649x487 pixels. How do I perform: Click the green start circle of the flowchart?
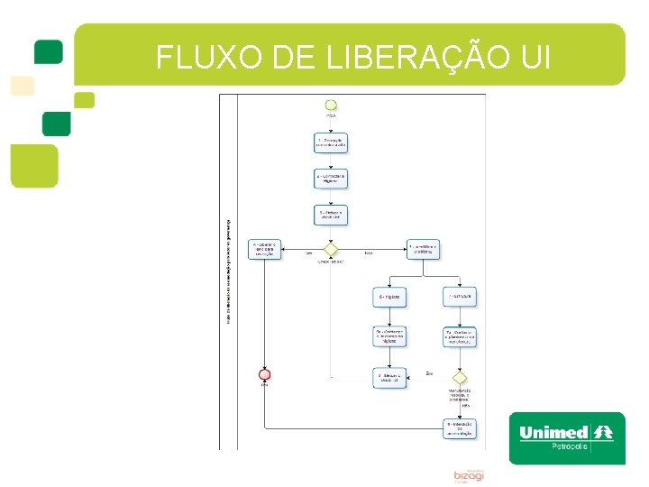pyautogui.click(x=331, y=105)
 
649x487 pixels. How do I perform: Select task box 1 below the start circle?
pyautogui.click(x=331, y=142)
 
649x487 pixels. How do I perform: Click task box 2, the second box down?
pyautogui.click(x=331, y=179)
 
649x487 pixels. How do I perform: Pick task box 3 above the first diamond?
pyautogui.click(x=331, y=215)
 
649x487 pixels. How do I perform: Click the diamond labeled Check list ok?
pyautogui.click(x=331, y=248)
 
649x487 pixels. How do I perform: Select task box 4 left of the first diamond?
pyautogui.click(x=266, y=248)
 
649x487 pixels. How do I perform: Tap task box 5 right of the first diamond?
pyautogui.click(x=424, y=248)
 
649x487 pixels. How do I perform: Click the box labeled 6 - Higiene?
pyautogui.click(x=389, y=296)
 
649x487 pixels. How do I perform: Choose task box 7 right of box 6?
pyautogui.click(x=460, y=296)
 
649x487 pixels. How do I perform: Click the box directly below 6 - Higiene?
pyautogui.click(x=389, y=336)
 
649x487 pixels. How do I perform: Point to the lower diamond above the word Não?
pyautogui.click(x=460, y=377)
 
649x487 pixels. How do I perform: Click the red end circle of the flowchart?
pyautogui.click(x=265, y=373)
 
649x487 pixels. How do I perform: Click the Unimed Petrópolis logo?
pyautogui.click(x=566, y=437)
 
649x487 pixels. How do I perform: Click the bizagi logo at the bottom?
pyautogui.click(x=469, y=474)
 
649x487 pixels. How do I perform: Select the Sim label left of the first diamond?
pyautogui.click(x=308, y=253)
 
